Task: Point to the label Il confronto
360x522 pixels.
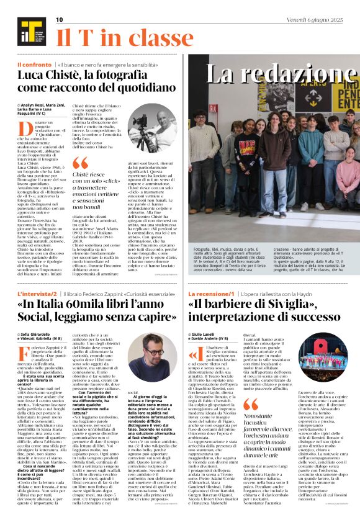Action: [x=34, y=65]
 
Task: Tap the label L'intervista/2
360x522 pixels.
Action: [x=37, y=293]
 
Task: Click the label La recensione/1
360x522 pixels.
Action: [x=212, y=293]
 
